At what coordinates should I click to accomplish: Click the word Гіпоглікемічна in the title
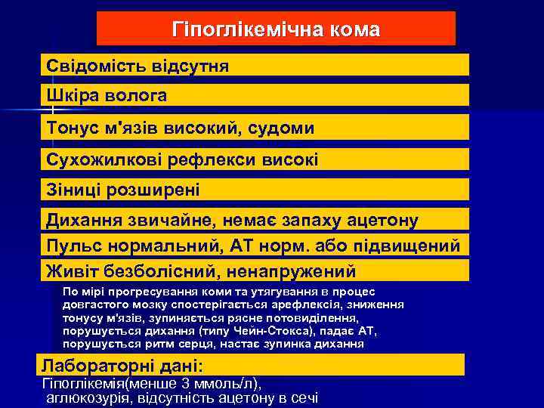point(243,29)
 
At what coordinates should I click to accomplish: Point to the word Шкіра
point(71,96)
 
